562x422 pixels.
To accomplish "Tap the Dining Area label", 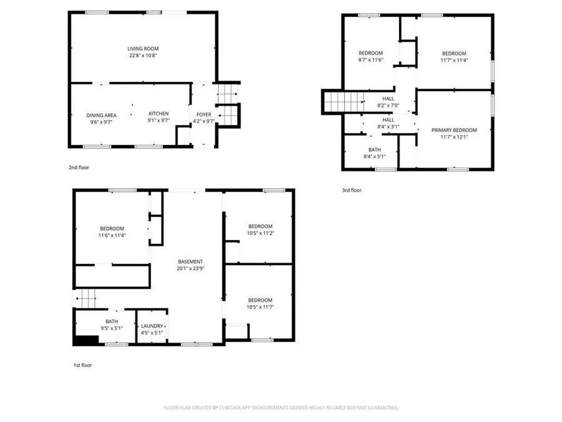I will tap(101, 115).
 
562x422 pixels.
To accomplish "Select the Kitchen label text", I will tap(159, 113).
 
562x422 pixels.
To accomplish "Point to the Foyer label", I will tap(204, 115).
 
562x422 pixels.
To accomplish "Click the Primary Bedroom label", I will tap(454, 130).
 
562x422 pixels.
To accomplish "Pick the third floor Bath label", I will tap(374, 149).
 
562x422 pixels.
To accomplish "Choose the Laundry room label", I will tap(152, 326).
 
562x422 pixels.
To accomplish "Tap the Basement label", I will tap(190, 261).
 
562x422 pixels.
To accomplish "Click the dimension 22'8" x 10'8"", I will tap(142, 55).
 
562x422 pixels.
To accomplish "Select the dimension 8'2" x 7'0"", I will tap(388, 106).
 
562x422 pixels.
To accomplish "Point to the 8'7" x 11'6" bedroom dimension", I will tap(370, 61).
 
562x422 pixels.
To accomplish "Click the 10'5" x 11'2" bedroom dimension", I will tap(260, 233).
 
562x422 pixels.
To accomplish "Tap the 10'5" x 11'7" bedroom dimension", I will tap(260, 307).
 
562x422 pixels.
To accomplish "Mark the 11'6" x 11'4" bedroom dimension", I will tap(112, 236).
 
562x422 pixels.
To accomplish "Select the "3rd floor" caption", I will tap(352, 190).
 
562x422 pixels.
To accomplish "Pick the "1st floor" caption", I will tap(82, 365).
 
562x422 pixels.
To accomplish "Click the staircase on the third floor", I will tap(343, 102).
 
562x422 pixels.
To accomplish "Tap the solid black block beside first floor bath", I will tap(86, 340).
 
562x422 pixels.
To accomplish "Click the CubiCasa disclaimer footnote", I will tap(280, 408).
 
